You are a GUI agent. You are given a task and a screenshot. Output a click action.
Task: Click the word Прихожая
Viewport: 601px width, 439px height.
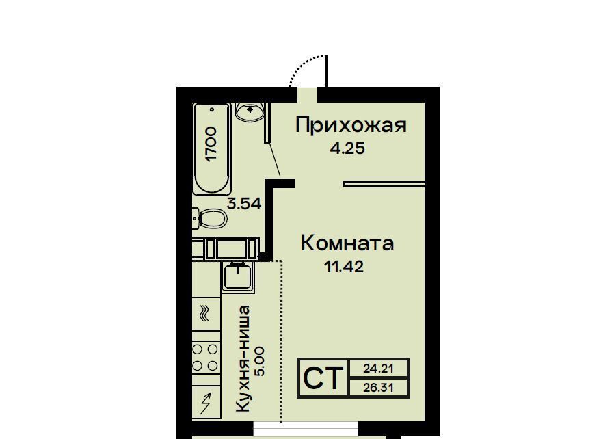tap(350, 125)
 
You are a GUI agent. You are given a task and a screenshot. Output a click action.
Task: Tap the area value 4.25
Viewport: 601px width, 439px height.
tap(347, 148)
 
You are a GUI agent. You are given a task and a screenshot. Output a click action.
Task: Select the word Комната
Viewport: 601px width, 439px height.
tap(347, 243)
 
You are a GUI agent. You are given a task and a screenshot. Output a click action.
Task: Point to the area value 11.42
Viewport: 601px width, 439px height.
tap(344, 266)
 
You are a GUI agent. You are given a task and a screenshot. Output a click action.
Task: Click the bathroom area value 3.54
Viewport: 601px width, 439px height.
tap(244, 203)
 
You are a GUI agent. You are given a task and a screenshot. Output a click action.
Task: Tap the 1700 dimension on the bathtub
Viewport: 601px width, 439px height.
tap(211, 144)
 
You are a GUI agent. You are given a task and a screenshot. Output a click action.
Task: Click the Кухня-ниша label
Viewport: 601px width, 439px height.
tap(243, 358)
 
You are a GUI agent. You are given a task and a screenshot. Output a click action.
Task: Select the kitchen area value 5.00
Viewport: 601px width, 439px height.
tap(259, 362)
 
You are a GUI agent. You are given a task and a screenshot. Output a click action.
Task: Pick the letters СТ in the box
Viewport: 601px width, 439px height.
tap(323, 378)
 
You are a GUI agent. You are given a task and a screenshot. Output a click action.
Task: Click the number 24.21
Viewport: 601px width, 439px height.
tap(378, 369)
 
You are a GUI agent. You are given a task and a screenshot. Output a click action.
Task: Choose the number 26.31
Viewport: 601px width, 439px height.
tap(378, 388)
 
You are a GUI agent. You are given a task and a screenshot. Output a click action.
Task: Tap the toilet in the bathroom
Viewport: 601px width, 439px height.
tap(210, 219)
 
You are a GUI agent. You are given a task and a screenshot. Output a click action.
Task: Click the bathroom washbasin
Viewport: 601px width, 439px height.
tap(250, 111)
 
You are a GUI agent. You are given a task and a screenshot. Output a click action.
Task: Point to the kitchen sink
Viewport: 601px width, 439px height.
tap(238, 276)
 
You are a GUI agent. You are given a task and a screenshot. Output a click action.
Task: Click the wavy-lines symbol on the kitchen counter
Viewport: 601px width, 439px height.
tap(204, 312)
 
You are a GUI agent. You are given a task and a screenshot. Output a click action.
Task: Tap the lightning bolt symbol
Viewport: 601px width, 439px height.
tap(206, 403)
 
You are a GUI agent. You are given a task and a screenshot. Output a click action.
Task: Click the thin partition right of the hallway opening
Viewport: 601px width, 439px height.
tap(384, 184)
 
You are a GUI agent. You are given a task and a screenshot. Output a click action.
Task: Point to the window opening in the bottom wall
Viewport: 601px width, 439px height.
tap(306, 428)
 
